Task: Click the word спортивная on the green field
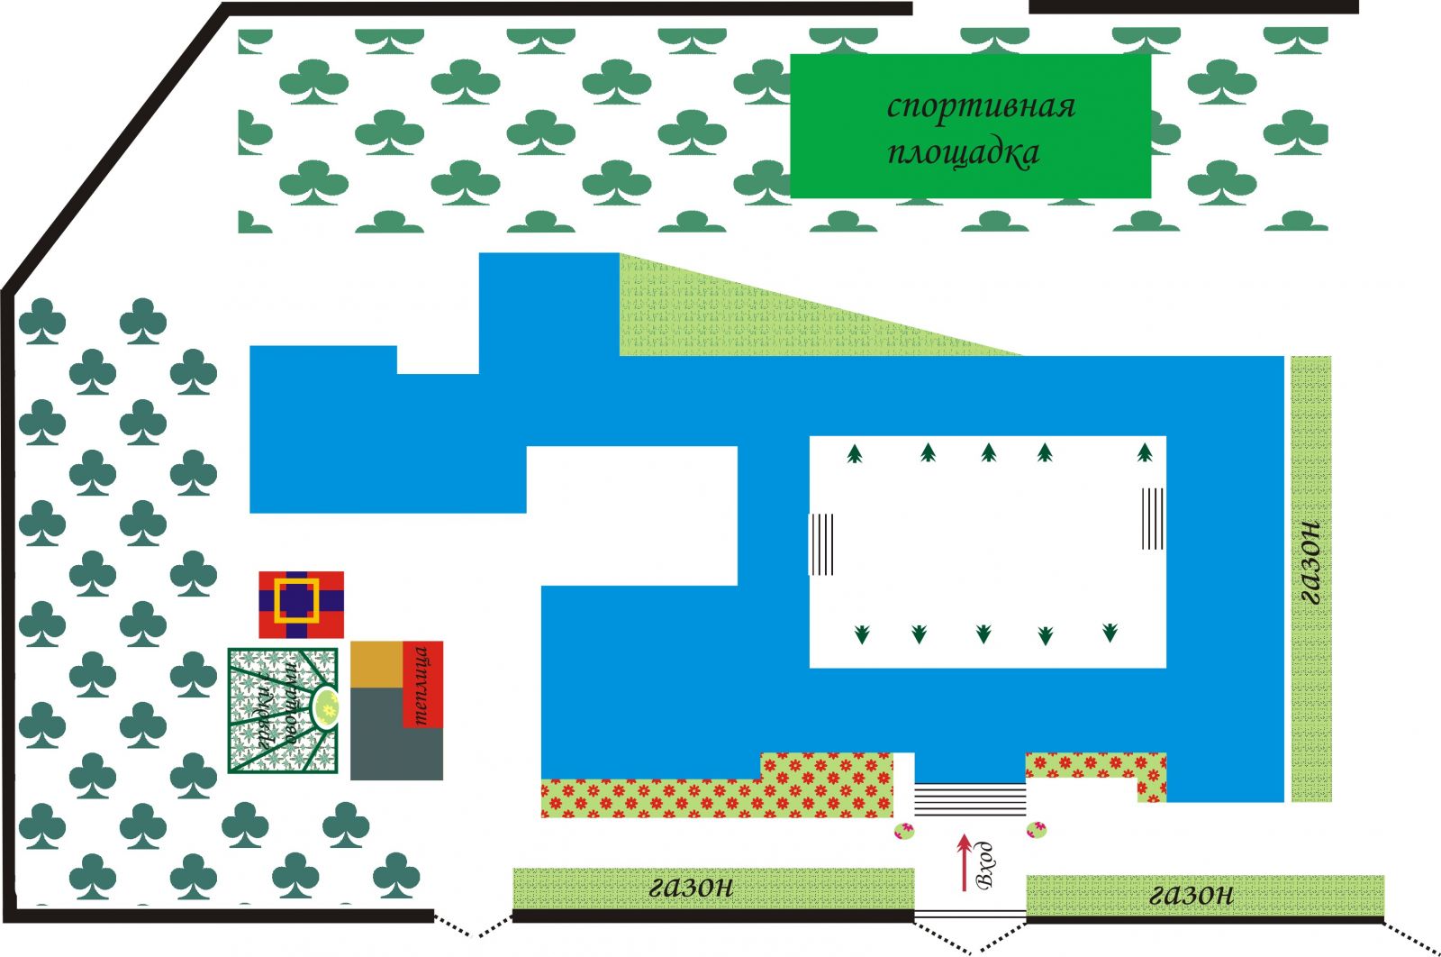click(x=981, y=106)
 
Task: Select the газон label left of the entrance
click(x=691, y=887)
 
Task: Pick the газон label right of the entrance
click(x=1192, y=894)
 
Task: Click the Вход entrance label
click(x=985, y=865)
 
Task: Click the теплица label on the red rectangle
click(x=421, y=684)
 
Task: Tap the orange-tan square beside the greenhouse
click(x=376, y=665)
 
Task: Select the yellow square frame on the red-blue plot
click(x=297, y=600)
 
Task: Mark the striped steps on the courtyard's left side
click(x=821, y=543)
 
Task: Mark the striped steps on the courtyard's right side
click(x=1153, y=518)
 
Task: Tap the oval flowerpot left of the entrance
click(x=903, y=831)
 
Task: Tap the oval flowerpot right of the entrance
click(x=1037, y=829)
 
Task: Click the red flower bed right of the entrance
click(x=1094, y=767)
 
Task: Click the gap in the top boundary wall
click(x=971, y=7)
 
